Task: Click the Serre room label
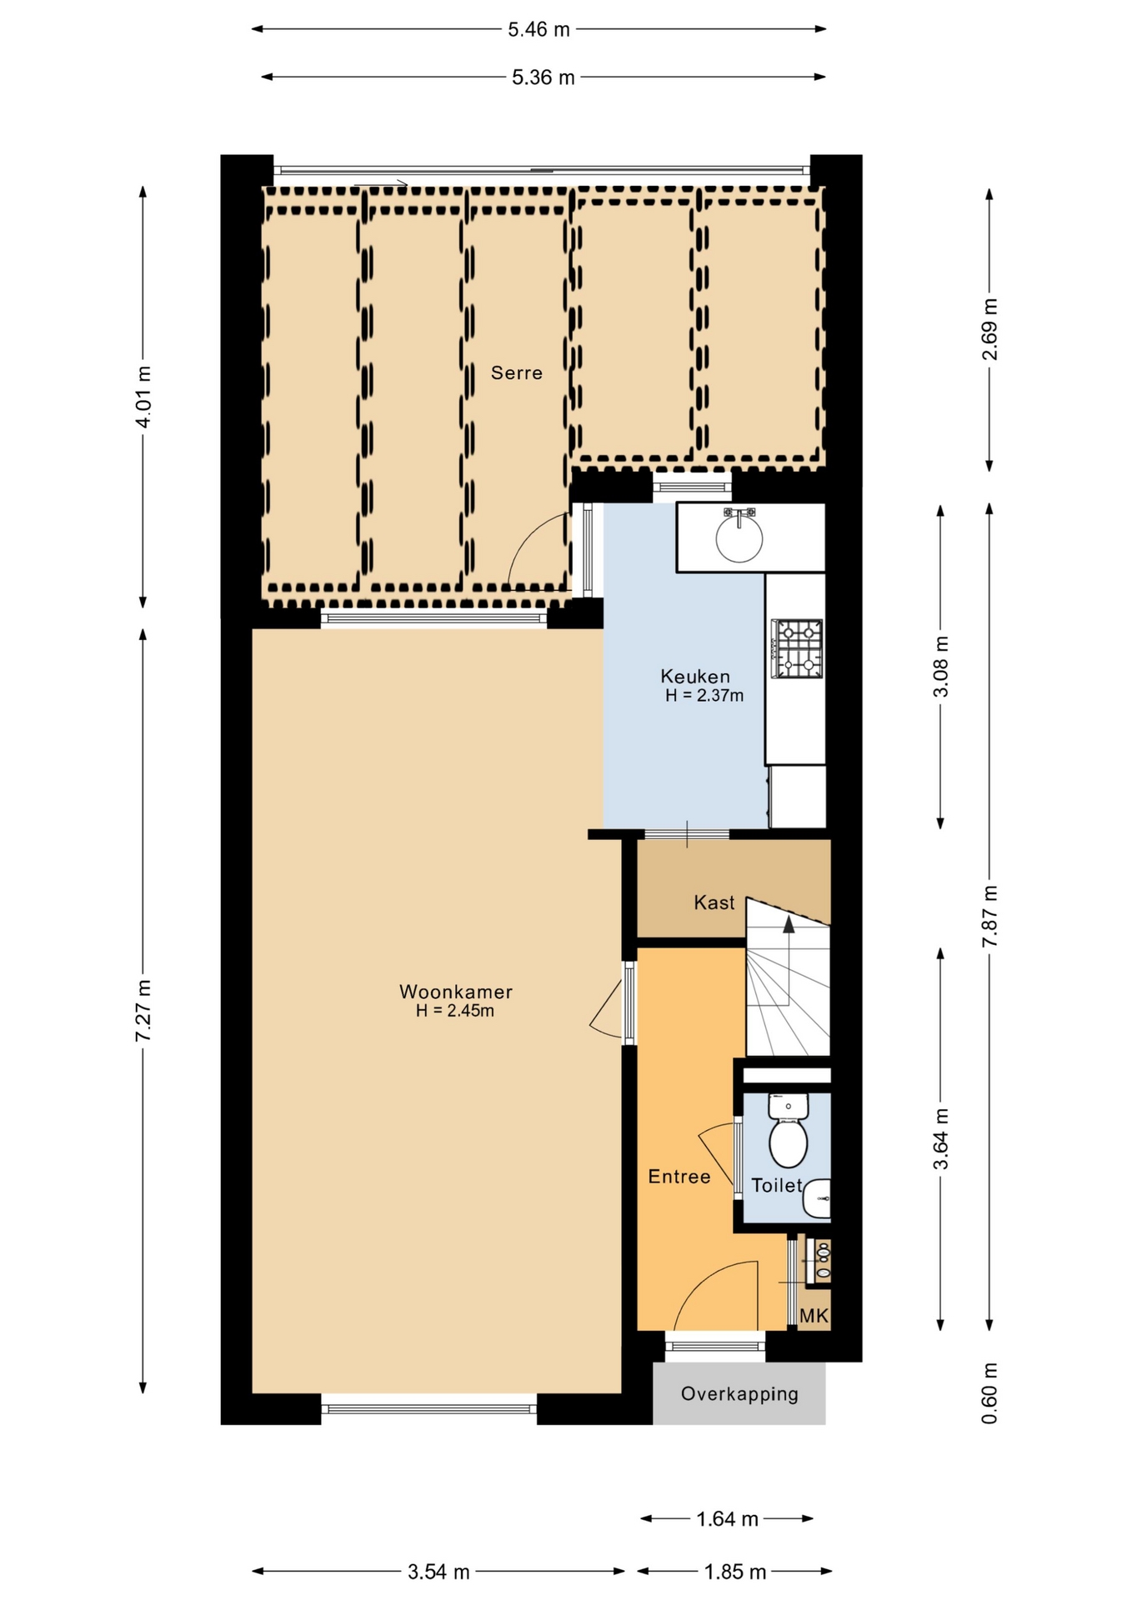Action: point(516,372)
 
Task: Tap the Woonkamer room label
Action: point(455,992)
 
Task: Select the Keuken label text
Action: point(695,677)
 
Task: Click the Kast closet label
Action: point(714,902)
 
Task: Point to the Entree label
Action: point(679,1177)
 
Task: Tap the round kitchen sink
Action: point(739,537)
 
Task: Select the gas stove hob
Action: point(797,648)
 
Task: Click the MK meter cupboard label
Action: point(814,1315)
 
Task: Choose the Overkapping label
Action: point(739,1393)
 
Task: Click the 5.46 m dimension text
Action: point(539,29)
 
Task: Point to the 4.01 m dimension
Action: point(143,397)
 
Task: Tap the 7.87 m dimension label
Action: point(989,915)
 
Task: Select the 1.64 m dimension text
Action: point(727,1518)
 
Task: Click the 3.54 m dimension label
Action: point(438,1572)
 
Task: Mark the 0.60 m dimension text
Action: point(989,1393)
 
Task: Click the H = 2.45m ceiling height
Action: point(455,1011)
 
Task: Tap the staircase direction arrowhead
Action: point(788,922)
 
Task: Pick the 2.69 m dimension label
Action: point(989,329)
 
